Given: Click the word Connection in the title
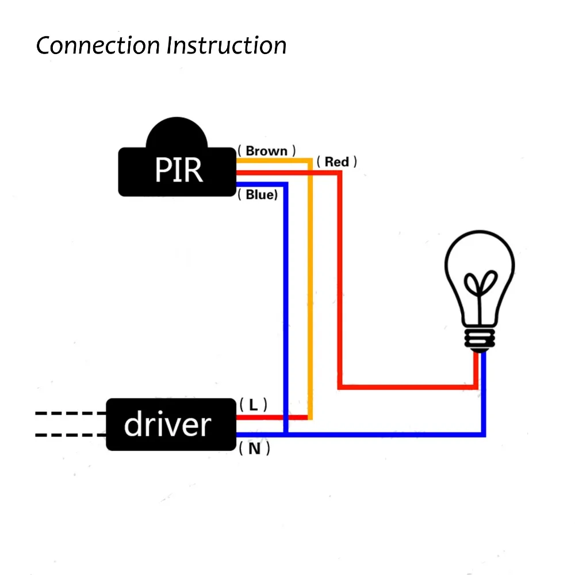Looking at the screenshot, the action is coord(98,45).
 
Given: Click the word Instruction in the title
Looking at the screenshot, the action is coord(226,45).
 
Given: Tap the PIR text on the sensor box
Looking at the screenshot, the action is coord(179,170).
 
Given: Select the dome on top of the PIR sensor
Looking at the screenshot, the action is coord(177,132).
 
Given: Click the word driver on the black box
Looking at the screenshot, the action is coord(167,424).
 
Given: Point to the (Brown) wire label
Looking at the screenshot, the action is coord(267,151).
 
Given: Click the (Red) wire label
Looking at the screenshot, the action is coord(336,162).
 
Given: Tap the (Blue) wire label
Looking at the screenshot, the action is coord(258,195).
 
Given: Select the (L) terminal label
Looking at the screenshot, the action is coord(253,405).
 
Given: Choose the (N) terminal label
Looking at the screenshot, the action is coord(254,448).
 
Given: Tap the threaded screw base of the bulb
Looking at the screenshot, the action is coord(480,339).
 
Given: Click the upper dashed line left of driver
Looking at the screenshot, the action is coord(71,413).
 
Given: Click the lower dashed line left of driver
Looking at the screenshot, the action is coord(71,435).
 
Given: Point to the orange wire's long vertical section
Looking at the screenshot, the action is coord(310,289).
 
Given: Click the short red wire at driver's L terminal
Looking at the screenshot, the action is coord(272,417).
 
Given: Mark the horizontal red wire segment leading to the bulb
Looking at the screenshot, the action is coord(408,387).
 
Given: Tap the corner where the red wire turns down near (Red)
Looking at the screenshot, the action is coord(340,173).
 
